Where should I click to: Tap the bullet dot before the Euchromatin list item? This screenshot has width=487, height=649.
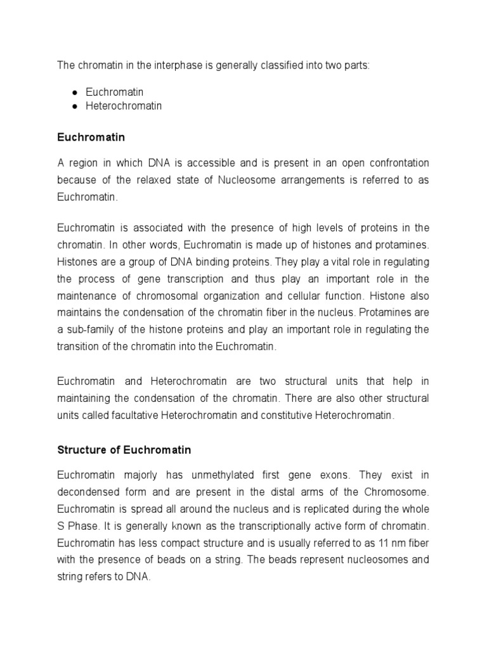(74, 93)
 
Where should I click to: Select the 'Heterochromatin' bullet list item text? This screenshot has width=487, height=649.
(124, 106)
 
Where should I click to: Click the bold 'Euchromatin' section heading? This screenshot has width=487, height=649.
(91, 136)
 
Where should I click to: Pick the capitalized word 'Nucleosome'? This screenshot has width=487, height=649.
(249, 181)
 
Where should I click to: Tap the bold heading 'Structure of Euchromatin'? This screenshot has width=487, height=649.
(124, 450)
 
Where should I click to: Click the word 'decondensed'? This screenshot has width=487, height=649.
(89, 492)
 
